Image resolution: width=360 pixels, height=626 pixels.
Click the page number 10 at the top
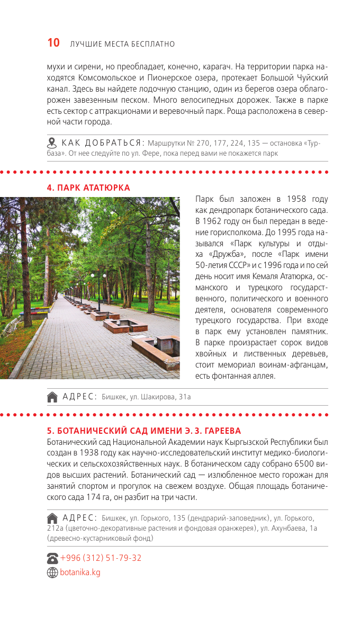[x=53, y=43]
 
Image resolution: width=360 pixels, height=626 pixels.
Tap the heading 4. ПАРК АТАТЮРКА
[x=88, y=187]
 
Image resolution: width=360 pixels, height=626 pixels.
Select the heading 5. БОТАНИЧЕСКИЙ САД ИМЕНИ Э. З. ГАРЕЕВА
[x=144, y=431]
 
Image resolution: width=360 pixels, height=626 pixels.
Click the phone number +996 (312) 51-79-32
[x=101, y=558]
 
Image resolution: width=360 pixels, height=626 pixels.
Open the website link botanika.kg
[x=80, y=572]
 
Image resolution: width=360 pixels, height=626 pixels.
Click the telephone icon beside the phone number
[x=52, y=558]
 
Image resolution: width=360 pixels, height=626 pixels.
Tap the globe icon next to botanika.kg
[x=52, y=573]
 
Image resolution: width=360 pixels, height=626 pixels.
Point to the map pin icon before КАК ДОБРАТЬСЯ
[x=52, y=142]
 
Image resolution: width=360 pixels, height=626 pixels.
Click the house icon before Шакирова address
[x=52, y=396]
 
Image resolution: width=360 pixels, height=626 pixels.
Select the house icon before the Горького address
[x=52, y=518]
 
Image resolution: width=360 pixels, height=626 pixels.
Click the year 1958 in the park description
[x=298, y=199]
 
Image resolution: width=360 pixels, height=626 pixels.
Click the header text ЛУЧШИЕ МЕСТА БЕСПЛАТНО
[x=122, y=44]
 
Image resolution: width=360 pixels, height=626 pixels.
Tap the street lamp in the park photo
[x=98, y=286]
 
